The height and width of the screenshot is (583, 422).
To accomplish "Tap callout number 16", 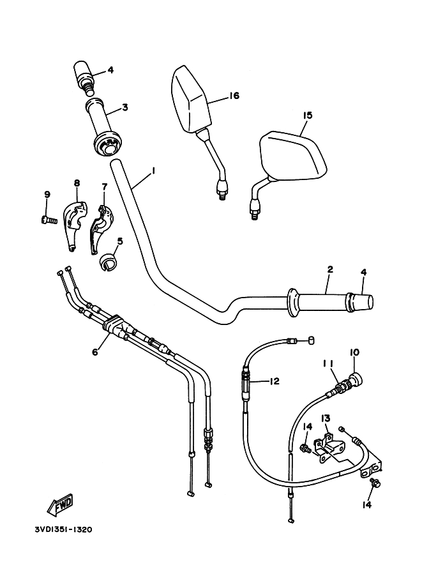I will [233, 96].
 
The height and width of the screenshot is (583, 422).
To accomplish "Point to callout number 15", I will [308, 116].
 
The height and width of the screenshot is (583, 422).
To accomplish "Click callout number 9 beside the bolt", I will [47, 194].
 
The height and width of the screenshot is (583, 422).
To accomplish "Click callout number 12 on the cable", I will [274, 381].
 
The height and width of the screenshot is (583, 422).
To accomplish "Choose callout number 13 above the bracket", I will [325, 418].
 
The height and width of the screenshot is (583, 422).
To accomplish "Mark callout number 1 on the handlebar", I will [153, 171].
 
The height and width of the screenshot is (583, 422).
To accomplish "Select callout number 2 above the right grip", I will [329, 269].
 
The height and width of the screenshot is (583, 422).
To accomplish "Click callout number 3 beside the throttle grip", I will [124, 107].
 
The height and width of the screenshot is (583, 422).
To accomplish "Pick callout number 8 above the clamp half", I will [77, 183].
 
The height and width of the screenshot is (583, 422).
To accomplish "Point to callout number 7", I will [104, 186].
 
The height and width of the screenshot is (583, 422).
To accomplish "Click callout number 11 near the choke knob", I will [328, 363].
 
